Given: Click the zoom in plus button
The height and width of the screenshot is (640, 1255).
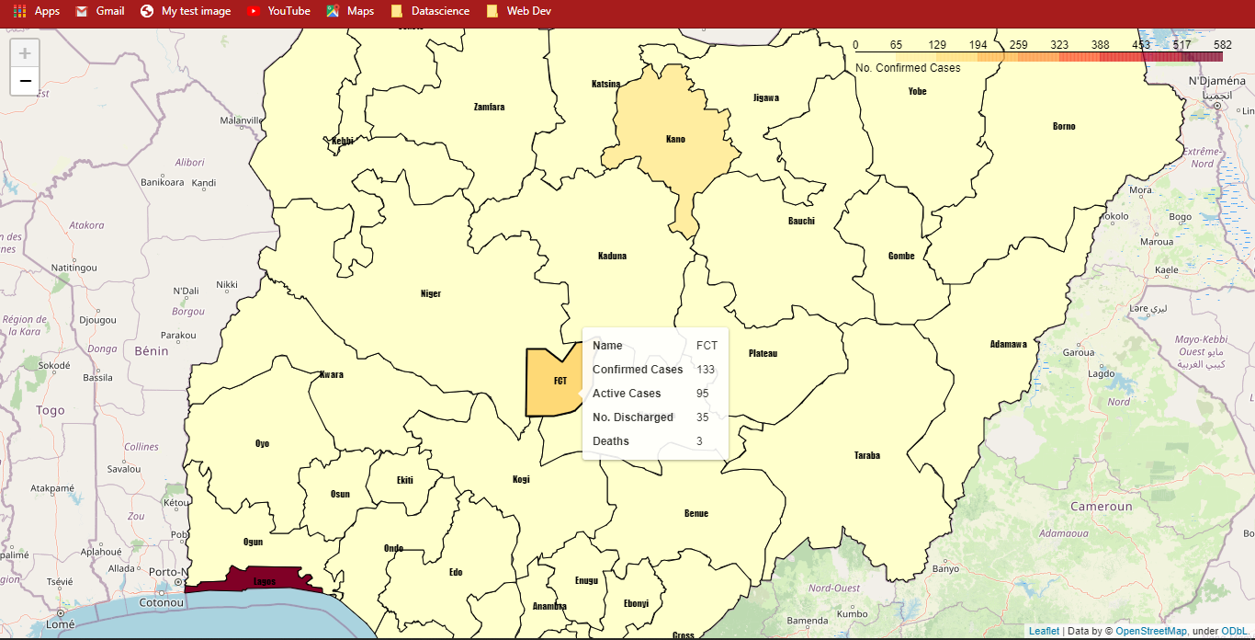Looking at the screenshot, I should pos(25,53).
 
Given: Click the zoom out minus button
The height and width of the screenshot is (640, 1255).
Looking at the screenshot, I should pos(25,81).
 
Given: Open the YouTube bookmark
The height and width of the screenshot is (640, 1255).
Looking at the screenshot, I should pos(278,11).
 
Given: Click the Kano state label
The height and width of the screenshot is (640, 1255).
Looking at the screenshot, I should pos(675,140).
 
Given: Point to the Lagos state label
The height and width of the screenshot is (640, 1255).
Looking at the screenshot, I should pos(265,581).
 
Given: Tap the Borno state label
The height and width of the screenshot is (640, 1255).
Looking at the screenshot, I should pos(1064,126).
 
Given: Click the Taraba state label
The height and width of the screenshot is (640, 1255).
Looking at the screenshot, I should pos(867,455).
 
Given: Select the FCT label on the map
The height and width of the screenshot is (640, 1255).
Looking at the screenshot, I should pos(560,381).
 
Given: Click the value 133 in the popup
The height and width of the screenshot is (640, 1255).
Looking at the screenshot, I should pos(706,370).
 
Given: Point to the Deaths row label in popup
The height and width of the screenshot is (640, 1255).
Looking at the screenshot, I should pos(611,441).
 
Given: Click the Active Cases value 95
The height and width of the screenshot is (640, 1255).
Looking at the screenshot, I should pos(703,394).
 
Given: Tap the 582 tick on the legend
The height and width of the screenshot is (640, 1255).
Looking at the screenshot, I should pos(1222,44).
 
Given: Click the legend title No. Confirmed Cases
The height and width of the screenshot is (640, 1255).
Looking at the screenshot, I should pos(908,68).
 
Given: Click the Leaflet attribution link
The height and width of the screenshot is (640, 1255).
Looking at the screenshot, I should pos(1044,631).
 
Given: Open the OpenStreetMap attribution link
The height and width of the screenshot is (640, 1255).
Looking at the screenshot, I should pos(1150,631).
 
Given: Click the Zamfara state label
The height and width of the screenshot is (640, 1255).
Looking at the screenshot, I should pos(489,107).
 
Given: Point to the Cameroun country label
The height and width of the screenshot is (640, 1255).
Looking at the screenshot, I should pos(1101,507).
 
